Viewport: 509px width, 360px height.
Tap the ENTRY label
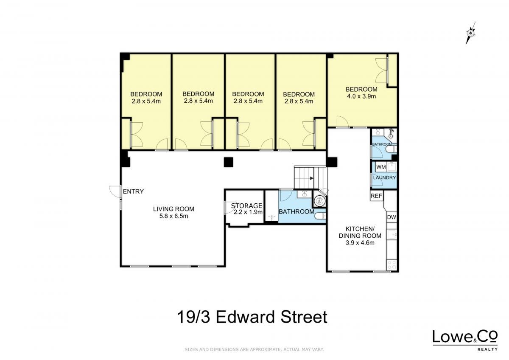133,191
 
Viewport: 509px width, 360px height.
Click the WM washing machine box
381,167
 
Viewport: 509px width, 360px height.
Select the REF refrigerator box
376,196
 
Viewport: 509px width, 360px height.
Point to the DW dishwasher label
392,217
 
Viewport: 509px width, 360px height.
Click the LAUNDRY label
384,177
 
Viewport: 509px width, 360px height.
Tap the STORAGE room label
246,206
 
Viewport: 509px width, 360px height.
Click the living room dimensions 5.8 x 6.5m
173,216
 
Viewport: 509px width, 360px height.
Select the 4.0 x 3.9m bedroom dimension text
361,96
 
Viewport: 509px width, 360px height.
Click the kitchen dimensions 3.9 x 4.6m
360,243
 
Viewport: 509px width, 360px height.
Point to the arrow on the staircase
311,179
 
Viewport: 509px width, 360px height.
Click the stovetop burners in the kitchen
392,265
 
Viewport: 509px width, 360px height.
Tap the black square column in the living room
228,162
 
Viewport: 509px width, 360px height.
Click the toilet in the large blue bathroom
321,216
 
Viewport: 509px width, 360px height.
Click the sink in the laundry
392,167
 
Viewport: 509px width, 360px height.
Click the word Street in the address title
304,317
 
